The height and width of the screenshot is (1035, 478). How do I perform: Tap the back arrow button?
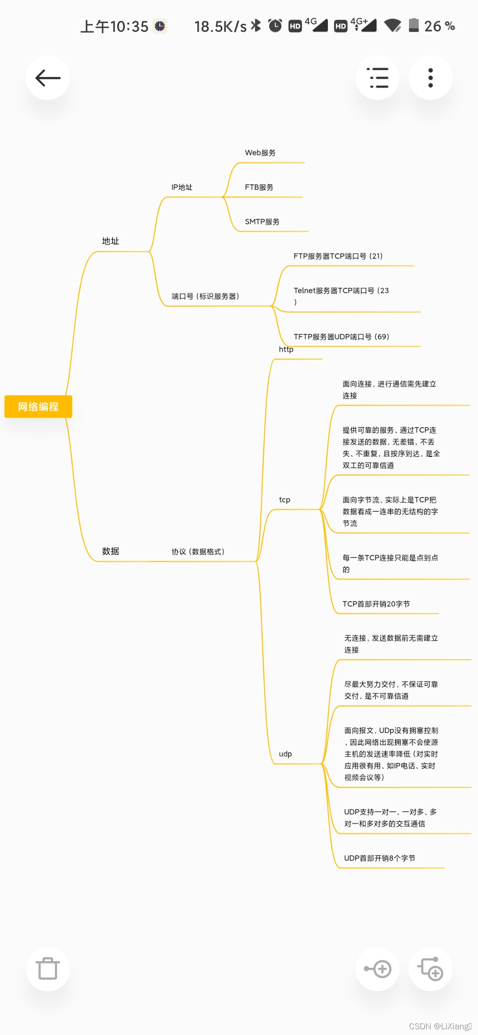click(x=48, y=78)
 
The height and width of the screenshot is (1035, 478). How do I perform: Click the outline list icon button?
click(x=378, y=78)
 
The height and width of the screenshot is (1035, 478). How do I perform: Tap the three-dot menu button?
click(x=430, y=78)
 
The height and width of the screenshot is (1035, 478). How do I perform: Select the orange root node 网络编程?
click(x=38, y=406)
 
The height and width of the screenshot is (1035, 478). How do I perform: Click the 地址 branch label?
click(x=111, y=241)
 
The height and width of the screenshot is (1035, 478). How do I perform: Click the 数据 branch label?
click(x=111, y=551)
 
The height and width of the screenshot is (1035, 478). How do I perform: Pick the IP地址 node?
click(x=182, y=187)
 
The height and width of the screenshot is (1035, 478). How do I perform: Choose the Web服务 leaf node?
click(x=260, y=153)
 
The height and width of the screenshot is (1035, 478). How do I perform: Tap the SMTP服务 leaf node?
click(x=262, y=222)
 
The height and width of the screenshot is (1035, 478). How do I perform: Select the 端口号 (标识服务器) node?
click(x=205, y=296)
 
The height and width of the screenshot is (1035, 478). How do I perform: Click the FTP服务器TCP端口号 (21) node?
click(x=338, y=256)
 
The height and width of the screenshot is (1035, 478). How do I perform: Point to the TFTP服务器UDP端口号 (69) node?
click(x=341, y=337)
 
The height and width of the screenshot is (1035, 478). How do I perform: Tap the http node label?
click(x=286, y=349)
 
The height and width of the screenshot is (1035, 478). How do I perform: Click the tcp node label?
click(x=285, y=500)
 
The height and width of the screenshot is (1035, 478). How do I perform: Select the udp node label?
click(x=285, y=754)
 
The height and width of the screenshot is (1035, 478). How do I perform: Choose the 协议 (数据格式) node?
click(x=198, y=552)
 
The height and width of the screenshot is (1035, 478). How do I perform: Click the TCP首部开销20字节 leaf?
click(x=376, y=604)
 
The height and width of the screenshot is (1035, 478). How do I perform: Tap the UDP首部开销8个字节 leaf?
click(x=380, y=858)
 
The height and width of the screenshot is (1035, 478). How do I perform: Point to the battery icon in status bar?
click(x=414, y=26)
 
